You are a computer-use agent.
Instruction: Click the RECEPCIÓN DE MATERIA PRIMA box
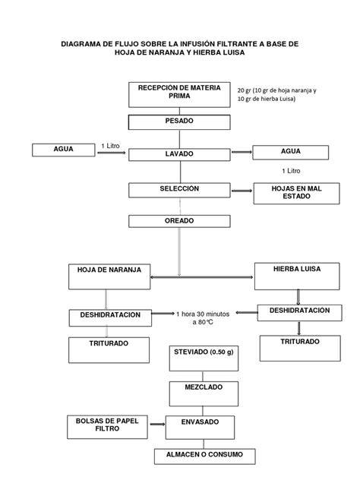pos(179,95)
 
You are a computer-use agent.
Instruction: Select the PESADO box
pos(179,122)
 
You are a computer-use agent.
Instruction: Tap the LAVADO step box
pos(179,155)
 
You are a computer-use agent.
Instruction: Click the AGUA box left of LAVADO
pos(64,150)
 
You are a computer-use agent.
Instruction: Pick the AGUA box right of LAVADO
pos(291,153)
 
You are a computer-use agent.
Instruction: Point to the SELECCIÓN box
pos(179,190)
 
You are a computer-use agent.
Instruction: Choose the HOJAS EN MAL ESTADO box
pos(297,194)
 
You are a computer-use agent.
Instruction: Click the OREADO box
pos(179,221)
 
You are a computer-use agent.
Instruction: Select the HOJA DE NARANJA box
pos(109,276)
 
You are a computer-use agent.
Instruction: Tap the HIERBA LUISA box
pos(297,276)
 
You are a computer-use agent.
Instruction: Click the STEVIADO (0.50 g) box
pos(204,358)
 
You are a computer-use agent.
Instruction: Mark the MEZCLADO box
pos(204,393)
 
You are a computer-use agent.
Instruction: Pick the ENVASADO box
pos(201,428)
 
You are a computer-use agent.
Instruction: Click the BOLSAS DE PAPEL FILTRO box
pos(107,427)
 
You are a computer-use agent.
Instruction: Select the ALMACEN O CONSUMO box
pos(205,456)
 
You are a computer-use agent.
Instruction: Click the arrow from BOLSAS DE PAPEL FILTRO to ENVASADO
pos(158,424)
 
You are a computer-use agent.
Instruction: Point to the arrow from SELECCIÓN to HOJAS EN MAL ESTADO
pos(242,191)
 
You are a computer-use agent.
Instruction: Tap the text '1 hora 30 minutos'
pos(203,314)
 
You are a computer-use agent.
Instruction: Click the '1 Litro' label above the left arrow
pos(111,146)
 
